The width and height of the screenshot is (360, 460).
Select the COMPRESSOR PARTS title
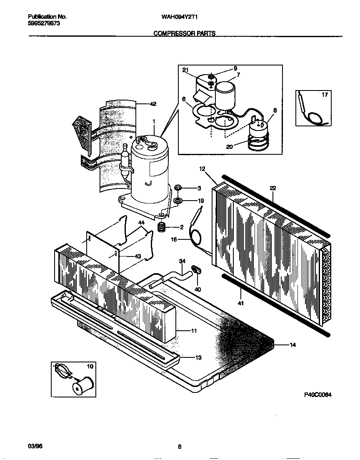184,33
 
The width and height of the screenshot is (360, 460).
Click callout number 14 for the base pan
292,345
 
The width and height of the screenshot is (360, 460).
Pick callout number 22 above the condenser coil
272,189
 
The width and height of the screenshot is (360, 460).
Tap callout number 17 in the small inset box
325,95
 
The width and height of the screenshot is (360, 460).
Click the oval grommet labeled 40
197,270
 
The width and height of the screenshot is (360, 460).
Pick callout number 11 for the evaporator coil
194,331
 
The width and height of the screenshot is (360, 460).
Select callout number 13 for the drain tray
198,357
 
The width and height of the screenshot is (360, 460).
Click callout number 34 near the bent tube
182,261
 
